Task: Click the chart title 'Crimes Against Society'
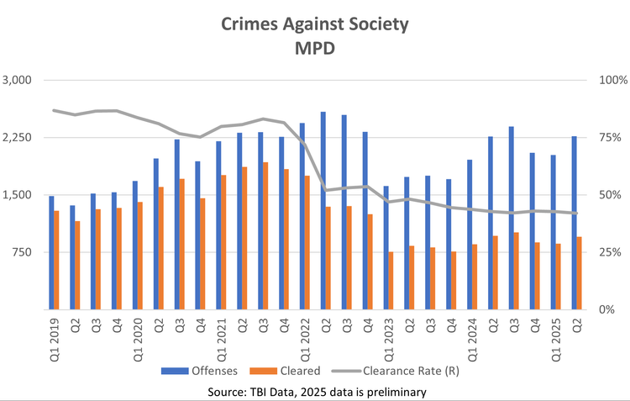tap(314, 24)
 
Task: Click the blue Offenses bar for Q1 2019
tap(51, 252)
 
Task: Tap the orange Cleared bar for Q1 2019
tap(57, 260)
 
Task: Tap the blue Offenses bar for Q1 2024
tap(470, 235)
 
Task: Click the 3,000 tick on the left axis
tap(17, 81)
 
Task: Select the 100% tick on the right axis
tap(606, 81)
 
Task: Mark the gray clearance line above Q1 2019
tap(55, 110)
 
